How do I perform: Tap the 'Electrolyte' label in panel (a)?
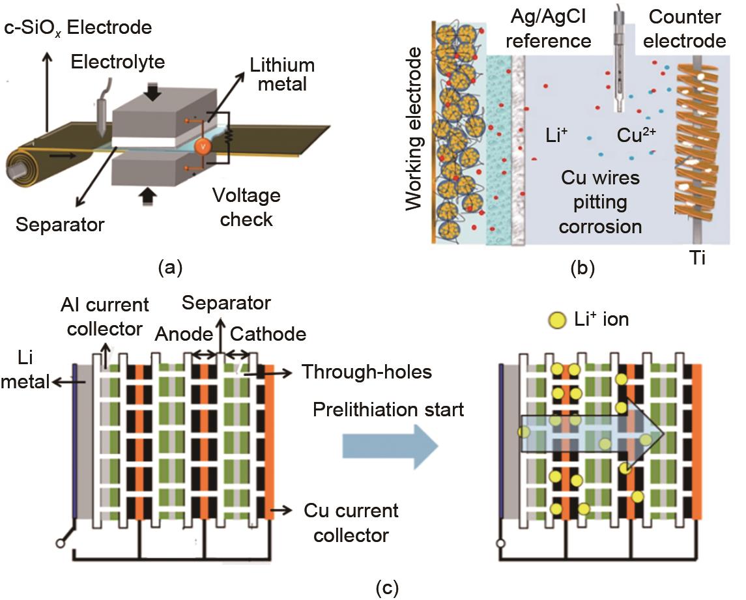(117, 63)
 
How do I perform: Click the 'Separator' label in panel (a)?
(60, 225)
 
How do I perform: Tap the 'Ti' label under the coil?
(695, 258)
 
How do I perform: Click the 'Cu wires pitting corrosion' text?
(601, 202)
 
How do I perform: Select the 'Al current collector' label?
(104, 316)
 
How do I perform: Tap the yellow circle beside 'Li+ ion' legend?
(558, 320)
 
